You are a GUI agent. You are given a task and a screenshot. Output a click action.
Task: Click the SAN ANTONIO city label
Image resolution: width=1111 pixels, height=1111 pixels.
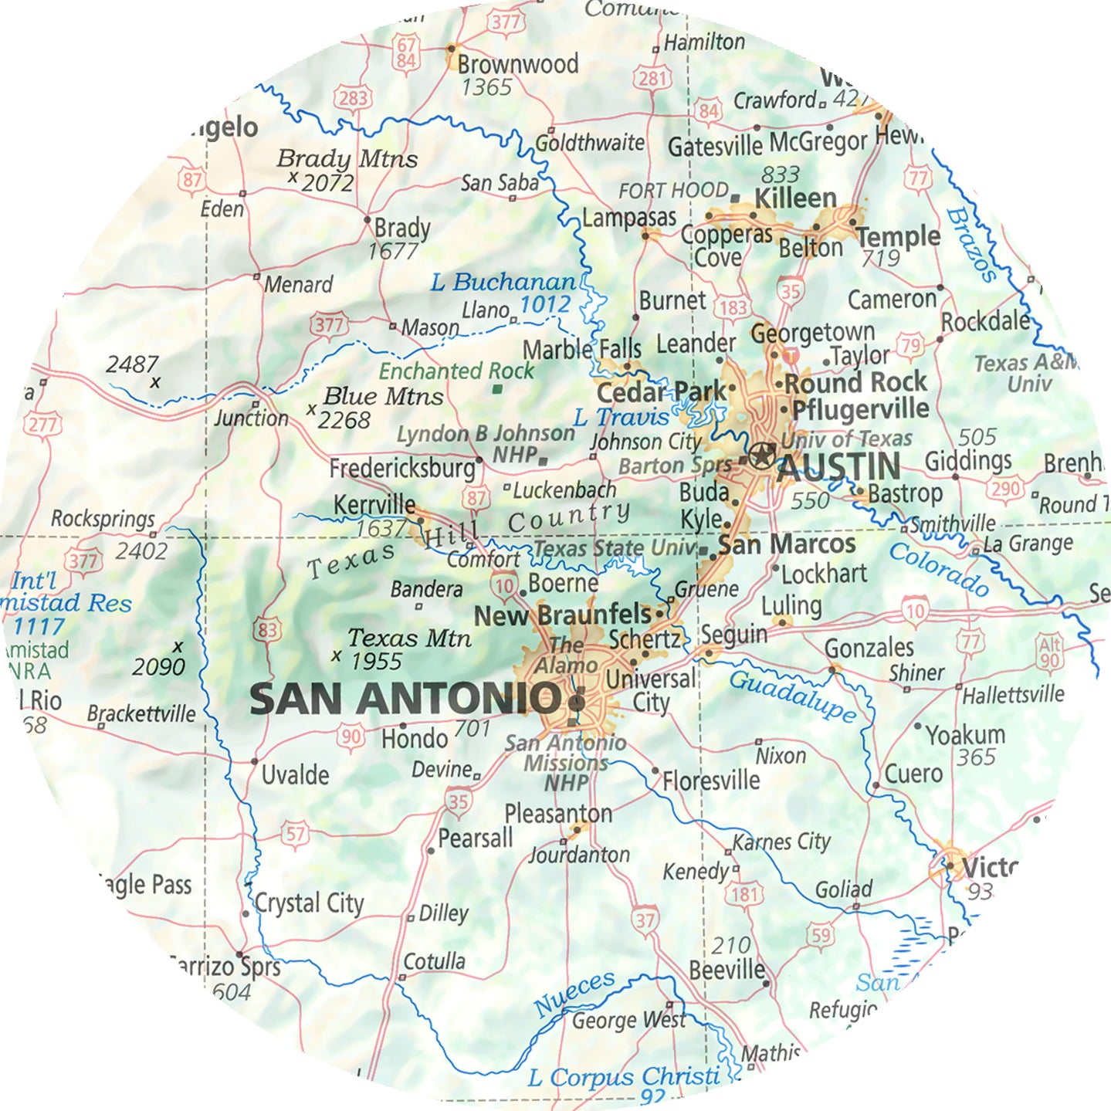point(405,699)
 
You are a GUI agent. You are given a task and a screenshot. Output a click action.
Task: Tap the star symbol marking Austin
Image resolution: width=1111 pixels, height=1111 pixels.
point(761,455)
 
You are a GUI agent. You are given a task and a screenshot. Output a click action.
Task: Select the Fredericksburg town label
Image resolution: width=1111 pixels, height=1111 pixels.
point(402,468)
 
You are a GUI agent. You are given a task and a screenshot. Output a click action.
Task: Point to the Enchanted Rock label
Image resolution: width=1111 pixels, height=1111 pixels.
point(456,371)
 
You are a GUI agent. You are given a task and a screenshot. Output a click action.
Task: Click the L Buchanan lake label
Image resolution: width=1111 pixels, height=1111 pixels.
point(503,283)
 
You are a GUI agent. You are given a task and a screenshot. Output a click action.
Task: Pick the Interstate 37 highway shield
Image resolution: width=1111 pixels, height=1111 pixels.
point(645,920)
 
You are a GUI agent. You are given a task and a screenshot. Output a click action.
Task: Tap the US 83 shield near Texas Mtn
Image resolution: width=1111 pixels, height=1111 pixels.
point(266,629)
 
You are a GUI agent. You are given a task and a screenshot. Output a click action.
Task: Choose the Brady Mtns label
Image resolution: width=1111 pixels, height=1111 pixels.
point(347,159)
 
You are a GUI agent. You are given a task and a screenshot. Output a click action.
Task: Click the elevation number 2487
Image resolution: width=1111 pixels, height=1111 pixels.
point(132,364)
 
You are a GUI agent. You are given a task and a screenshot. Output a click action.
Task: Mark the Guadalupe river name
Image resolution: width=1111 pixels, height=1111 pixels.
point(792,696)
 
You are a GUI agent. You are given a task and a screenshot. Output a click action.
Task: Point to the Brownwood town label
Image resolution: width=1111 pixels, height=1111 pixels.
point(518,64)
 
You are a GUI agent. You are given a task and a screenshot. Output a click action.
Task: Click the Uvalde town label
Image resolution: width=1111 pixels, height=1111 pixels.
point(295,774)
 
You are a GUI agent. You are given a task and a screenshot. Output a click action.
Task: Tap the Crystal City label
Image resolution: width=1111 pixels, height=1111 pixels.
point(309,903)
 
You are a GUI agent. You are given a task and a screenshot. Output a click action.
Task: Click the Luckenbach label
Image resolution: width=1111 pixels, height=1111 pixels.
point(564,490)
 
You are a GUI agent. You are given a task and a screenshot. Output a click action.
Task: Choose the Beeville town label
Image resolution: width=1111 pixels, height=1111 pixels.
point(727,970)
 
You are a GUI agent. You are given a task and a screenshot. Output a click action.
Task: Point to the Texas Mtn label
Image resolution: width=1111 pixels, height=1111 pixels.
point(409,638)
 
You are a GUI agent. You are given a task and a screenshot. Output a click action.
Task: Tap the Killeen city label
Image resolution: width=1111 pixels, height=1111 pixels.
point(795,198)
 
